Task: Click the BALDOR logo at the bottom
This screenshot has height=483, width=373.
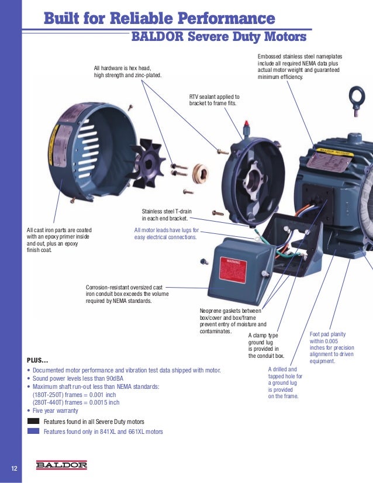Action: tap(61, 465)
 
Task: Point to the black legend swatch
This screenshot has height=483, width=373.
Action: tap(33, 421)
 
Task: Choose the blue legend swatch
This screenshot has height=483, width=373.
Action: tap(33, 432)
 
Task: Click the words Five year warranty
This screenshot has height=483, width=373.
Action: tap(56, 410)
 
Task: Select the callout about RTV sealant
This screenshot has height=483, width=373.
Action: tap(214, 100)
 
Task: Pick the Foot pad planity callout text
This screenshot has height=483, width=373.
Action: tap(331, 347)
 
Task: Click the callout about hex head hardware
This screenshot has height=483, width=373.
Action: tap(128, 72)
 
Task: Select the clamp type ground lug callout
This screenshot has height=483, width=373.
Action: tap(266, 345)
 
